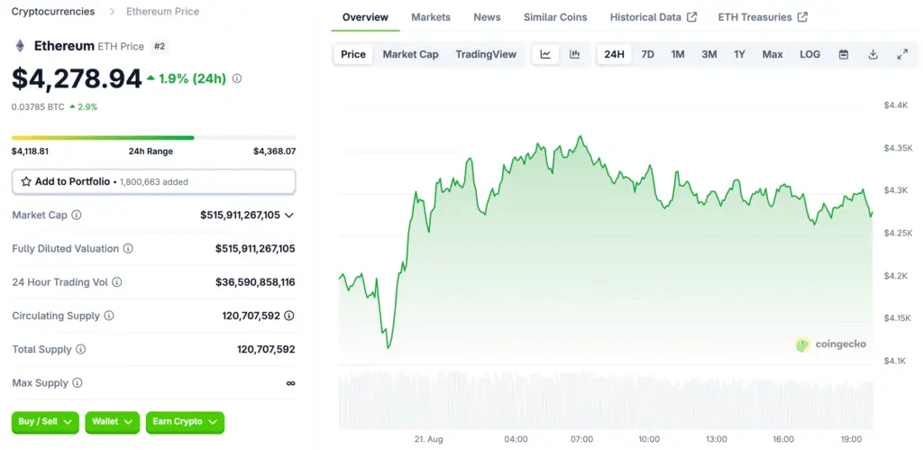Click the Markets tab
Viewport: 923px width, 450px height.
431,17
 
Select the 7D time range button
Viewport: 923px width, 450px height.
647,54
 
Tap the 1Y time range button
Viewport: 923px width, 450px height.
739,54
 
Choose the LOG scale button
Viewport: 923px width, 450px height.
809,54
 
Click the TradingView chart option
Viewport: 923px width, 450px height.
486,54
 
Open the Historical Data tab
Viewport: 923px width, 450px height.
653,17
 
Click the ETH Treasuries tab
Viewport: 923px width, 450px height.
762,17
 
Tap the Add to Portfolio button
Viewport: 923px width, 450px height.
153,181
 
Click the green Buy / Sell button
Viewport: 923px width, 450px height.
46,421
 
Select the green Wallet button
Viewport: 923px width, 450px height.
113,421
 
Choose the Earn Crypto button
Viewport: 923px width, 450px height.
185,421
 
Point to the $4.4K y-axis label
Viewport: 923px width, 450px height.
896,106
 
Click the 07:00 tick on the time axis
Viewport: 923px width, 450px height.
581,439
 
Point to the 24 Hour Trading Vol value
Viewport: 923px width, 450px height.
255,282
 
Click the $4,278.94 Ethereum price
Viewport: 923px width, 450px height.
77,78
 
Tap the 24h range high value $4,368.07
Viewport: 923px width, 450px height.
274,152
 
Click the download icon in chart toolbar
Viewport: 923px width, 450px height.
873,54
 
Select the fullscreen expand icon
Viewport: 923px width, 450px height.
901,54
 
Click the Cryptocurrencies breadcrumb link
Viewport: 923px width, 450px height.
53,12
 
